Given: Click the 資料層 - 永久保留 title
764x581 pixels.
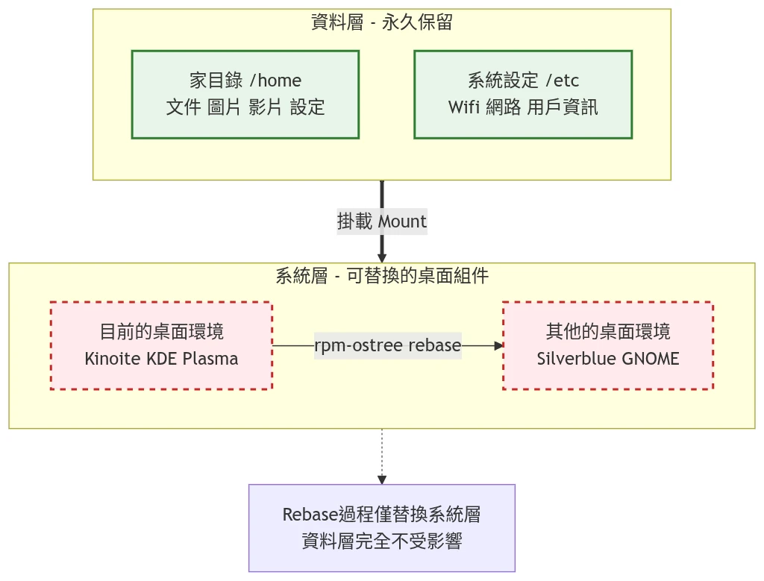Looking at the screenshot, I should (x=381, y=22).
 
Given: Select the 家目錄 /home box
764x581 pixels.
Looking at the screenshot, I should (x=245, y=94).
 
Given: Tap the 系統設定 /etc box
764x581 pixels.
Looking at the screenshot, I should (x=523, y=94).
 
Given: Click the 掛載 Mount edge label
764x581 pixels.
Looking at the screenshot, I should (x=382, y=222).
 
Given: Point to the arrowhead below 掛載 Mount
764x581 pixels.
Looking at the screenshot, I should (x=382, y=257).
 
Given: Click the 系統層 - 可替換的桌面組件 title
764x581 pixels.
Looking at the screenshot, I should (x=382, y=276).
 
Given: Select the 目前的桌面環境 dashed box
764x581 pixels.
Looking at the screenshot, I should (x=161, y=345).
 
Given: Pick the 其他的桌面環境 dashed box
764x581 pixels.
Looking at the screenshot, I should (x=608, y=345).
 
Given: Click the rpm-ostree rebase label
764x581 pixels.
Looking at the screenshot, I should (x=387, y=346).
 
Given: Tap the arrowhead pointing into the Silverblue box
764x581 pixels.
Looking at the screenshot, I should (x=498, y=346).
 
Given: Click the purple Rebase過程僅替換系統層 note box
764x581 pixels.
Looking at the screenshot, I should (x=381, y=527).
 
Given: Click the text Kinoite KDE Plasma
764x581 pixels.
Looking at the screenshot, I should (x=161, y=359).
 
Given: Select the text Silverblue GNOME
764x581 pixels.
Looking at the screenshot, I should (x=608, y=359).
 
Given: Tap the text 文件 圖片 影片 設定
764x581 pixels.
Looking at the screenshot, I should (x=245, y=107).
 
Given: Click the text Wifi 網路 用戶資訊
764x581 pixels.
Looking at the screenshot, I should (x=523, y=107).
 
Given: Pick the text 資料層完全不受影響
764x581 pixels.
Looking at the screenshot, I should (x=381, y=541).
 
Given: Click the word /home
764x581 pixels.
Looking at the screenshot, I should (x=276, y=81).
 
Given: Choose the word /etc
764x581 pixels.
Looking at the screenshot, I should (x=563, y=81).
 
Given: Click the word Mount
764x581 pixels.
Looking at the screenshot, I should (x=402, y=222).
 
